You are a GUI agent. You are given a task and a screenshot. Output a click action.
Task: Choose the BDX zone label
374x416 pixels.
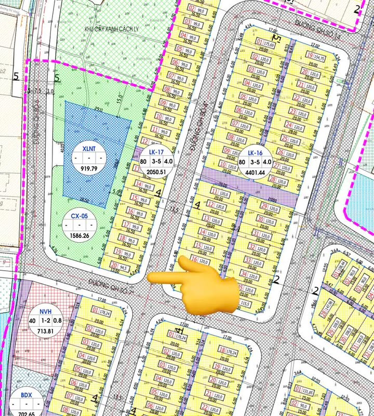tap(26, 395)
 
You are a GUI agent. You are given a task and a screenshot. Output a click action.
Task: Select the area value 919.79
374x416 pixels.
tap(89, 169)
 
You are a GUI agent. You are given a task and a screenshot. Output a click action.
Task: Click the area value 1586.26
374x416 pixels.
tap(79, 235)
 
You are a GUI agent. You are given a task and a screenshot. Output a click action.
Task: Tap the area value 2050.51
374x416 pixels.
tap(156, 172)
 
